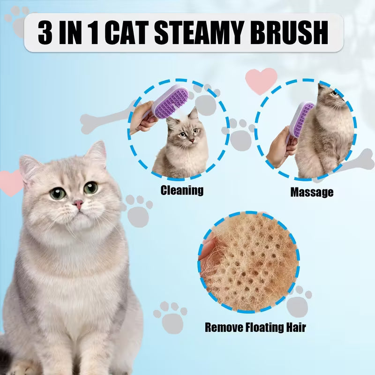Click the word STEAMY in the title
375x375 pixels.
198,33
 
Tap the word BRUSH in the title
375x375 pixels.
289,33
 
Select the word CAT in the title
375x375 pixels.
126,33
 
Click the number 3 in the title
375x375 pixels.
45,33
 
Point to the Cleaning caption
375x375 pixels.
182,190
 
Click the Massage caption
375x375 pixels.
312,192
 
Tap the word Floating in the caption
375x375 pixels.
264,327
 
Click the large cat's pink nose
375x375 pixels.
78,204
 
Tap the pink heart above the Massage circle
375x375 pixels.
261,81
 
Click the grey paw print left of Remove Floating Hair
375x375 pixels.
171,317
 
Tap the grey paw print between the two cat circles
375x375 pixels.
239,135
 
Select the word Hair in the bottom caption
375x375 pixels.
296,327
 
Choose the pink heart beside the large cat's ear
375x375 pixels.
11,183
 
